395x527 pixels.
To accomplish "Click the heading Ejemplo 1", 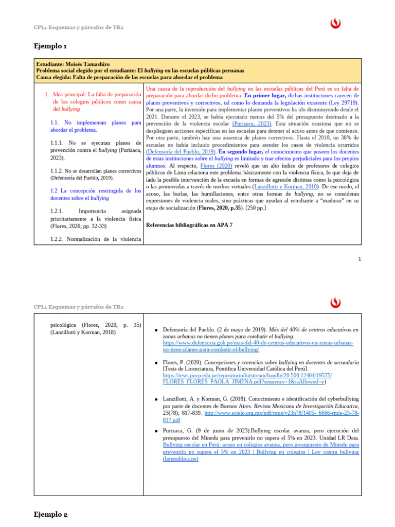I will (x=50, y=46).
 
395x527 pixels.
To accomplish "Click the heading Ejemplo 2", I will (x=51, y=514).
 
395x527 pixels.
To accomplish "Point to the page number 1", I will (x=360, y=259).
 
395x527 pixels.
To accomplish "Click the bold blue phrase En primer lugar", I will (x=265, y=96).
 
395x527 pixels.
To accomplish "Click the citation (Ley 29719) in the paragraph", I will (x=341, y=103).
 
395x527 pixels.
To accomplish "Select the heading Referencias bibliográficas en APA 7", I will (x=189, y=225).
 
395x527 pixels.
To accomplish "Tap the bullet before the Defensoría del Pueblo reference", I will (x=156, y=330).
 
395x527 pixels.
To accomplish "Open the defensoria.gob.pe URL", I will (x=260, y=346).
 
